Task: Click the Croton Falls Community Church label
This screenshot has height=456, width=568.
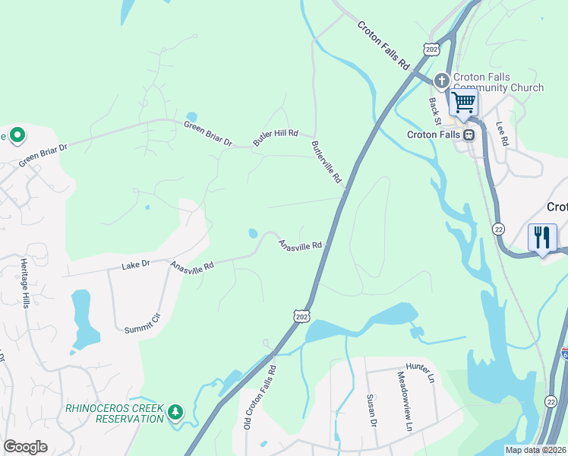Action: (x=498, y=82)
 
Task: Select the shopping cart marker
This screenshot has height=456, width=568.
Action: (x=463, y=102)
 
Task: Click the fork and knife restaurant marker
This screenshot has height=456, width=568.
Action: (x=542, y=238)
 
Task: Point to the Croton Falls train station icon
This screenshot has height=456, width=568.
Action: (x=469, y=135)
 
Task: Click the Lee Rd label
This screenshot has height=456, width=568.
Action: (x=502, y=135)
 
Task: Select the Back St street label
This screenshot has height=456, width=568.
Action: (x=435, y=109)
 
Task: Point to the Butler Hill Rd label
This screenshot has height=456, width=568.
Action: (x=276, y=137)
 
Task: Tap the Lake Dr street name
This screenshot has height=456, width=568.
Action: (x=137, y=266)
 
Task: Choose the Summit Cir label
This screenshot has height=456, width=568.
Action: (x=144, y=323)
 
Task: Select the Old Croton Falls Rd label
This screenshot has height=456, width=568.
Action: (x=260, y=397)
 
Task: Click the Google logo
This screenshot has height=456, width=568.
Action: (x=25, y=447)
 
